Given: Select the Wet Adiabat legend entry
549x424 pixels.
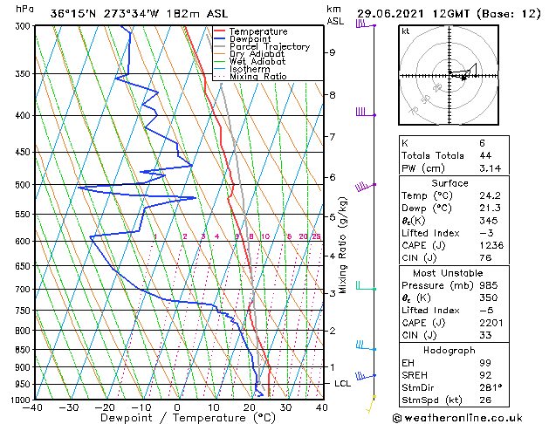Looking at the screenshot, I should coord(257,61).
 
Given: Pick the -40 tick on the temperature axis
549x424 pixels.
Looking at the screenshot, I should coord(34,407).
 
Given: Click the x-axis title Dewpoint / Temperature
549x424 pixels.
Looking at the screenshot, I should coord(175,418).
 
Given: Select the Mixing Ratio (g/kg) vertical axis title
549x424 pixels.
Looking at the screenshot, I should coord(344,244).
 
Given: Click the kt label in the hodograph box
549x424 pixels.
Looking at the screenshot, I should coord(405,31).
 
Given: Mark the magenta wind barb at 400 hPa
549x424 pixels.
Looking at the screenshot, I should coord(360,113).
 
